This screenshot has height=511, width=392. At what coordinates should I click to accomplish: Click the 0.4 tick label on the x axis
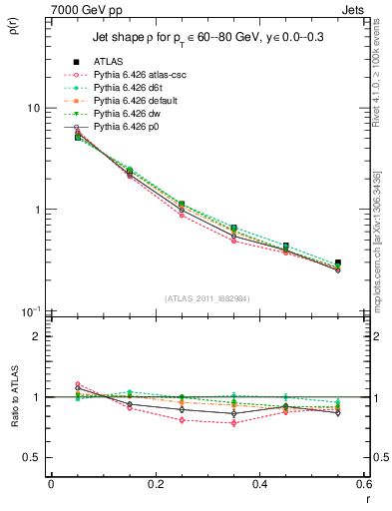(259, 483)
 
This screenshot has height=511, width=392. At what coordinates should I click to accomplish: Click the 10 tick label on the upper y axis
(32, 108)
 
